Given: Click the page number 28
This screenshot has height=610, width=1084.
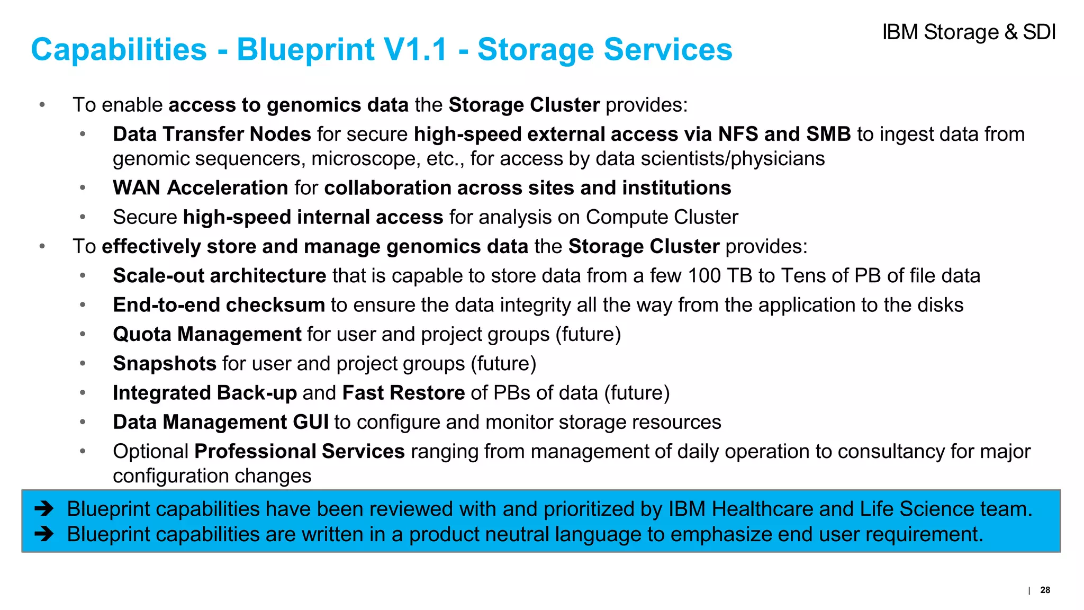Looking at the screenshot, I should tap(1045, 590).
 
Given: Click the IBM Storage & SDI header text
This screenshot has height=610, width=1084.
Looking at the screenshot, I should tap(968, 32).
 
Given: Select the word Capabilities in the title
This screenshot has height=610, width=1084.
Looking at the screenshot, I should tap(119, 50).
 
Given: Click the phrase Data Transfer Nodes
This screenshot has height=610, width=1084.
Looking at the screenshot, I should tap(212, 134).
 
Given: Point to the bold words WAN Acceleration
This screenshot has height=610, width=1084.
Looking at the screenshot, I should tap(200, 188).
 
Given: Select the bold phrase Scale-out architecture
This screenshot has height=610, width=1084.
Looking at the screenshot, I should tap(219, 276).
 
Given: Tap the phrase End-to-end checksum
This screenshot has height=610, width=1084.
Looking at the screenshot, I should tap(219, 305).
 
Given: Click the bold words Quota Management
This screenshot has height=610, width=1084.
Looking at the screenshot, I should tap(207, 335).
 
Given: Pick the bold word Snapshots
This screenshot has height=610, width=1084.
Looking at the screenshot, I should tap(165, 364).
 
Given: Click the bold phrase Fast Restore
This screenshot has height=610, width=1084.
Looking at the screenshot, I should tap(403, 393).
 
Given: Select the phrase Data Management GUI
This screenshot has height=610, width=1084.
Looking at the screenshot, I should tap(221, 422).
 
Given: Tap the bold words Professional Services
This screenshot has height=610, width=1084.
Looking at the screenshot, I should tap(300, 452).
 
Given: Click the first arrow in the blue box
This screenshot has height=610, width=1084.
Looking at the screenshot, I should tap(44, 509).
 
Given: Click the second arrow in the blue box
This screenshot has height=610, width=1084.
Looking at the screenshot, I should tap(44, 534).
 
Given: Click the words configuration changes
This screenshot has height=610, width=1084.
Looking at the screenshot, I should tap(212, 476).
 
